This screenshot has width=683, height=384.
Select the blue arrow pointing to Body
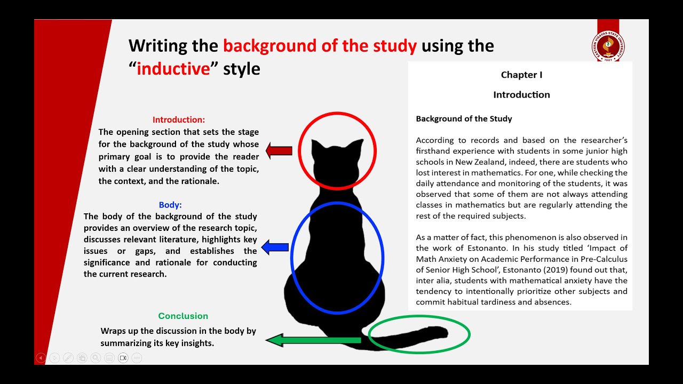tap(275, 247)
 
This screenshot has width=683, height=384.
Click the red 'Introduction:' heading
tap(179, 120)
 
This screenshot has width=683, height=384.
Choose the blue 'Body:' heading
tap(170, 205)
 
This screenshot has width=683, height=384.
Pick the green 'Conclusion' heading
tap(183, 316)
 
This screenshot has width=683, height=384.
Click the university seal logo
tap(608, 46)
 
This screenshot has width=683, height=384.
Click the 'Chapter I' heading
tap(521, 75)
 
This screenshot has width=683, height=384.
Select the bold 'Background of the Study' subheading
tap(464, 119)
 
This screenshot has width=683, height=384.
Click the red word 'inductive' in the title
tap(173, 69)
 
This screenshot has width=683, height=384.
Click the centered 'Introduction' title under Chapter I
tap(521, 95)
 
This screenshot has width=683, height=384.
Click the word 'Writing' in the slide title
tap(158, 46)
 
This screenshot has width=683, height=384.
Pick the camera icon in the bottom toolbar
tap(123, 358)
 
